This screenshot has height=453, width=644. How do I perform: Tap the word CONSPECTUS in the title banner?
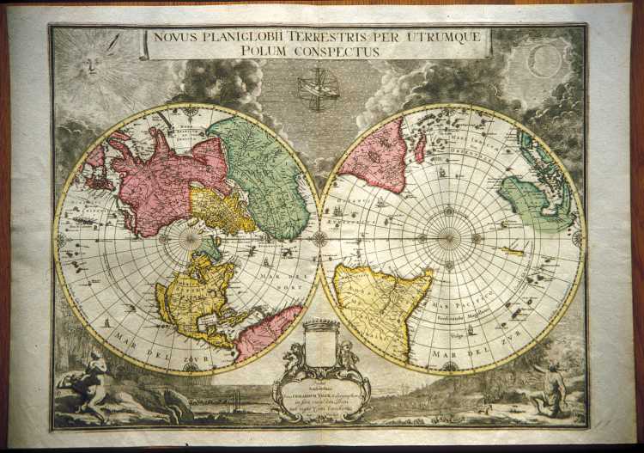pyautogui.click(x=336, y=52)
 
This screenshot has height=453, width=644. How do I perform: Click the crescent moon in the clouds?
pyautogui.click(x=545, y=61)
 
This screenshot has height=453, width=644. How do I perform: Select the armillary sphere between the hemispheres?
pyautogui.click(x=319, y=89)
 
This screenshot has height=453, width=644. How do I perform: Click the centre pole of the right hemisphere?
pyautogui.click(x=447, y=238)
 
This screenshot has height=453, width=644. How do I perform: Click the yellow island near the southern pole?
pyautogui.click(x=513, y=251)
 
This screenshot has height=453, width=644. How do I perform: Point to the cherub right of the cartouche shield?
pyautogui.click(x=347, y=354)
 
